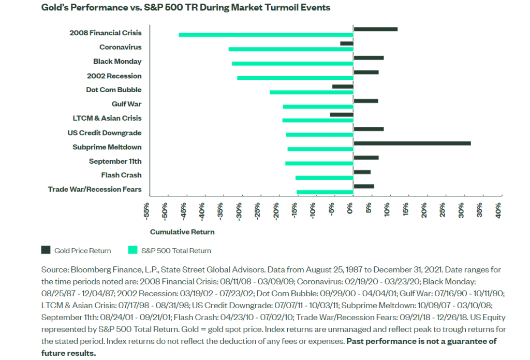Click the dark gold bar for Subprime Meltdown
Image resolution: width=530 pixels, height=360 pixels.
point(412,143)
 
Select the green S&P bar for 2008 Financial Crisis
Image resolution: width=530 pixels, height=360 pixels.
point(266,35)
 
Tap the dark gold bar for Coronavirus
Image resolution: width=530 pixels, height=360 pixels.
point(347,44)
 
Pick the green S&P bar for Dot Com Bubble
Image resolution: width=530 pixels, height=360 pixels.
point(312,92)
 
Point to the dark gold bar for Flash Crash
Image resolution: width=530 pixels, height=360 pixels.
point(362,171)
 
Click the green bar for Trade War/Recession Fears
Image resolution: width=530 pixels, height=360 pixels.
point(325,192)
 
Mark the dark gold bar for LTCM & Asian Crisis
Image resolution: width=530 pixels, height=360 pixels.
point(342,114)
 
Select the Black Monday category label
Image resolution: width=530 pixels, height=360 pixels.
point(117,61)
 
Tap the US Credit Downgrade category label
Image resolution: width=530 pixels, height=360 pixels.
point(104,133)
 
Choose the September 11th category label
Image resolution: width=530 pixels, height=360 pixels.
point(115,161)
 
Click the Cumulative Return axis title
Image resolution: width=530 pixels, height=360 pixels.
point(182,232)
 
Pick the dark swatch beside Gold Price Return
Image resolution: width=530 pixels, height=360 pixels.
point(46,251)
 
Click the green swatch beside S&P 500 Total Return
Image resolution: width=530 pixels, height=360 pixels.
point(132,251)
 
